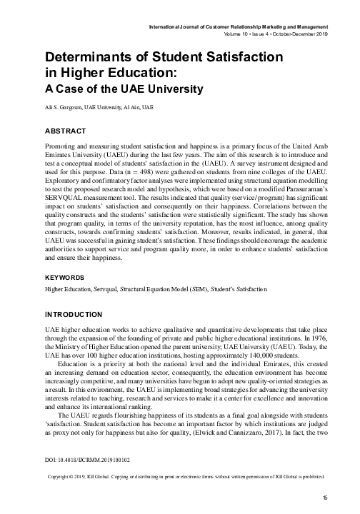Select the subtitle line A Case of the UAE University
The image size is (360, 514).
click(x=124, y=89)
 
